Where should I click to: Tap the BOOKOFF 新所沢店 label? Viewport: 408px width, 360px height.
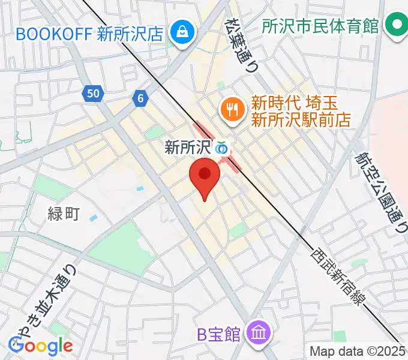point(89,33)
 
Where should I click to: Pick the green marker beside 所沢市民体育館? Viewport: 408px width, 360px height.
point(395,26)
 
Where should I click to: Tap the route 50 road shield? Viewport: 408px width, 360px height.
point(92,93)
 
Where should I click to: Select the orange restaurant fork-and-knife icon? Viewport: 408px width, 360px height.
point(231,109)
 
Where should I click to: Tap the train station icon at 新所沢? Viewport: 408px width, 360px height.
point(222,147)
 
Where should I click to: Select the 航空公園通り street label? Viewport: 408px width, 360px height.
point(380,191)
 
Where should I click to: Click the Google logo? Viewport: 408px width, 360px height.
point(41,346)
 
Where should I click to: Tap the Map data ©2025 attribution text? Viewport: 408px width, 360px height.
point(356,351)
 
